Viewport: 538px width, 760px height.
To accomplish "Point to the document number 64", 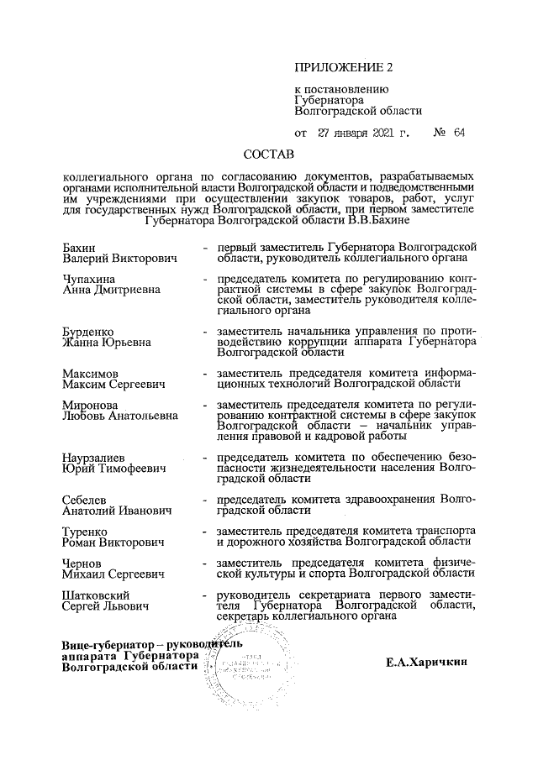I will click(x=458, y=133).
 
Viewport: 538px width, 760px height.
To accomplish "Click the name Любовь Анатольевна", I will click(x=120, y=415).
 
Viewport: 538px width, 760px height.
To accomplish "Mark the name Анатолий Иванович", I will click(x=117, y=511).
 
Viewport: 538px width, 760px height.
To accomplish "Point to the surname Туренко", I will click(x=87, y=531).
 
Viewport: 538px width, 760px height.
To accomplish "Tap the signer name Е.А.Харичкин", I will click(x=437, y=663).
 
